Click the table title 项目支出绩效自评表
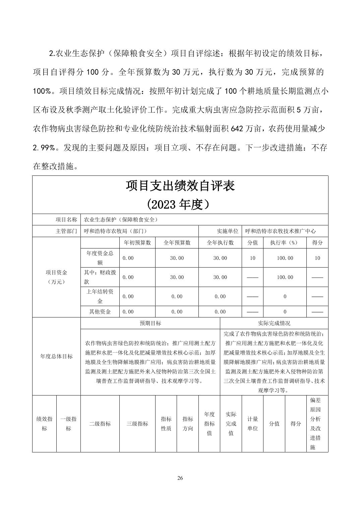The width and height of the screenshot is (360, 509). click(180, 186)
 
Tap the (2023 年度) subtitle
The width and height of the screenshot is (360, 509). click(180, 204)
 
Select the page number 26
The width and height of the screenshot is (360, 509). click(180, 478)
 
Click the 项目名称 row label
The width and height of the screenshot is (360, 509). click(66, 220)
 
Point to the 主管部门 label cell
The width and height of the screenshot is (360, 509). click(66, 231)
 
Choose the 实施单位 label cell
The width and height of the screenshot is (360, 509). click(228, 231)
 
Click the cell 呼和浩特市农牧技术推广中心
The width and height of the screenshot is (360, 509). click(280, 231)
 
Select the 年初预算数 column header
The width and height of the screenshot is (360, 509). click(137, 242)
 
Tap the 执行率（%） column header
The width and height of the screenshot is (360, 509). click(285, 242)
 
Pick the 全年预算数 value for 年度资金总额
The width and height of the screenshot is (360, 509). click(177, 258)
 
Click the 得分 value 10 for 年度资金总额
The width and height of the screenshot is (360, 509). click(317, 258)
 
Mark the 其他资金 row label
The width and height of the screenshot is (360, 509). click(100, 311)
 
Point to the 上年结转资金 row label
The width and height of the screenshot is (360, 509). click(100, 296)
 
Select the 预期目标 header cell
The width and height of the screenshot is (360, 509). click(150, 323)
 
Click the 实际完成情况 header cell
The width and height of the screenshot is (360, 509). click(274, 323)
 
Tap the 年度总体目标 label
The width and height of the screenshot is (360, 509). click(56, 356)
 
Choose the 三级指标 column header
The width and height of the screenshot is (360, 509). click(137, 424)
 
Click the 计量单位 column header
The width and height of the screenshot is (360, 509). click(252, 424)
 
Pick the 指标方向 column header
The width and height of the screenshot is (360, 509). click(188, 424)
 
